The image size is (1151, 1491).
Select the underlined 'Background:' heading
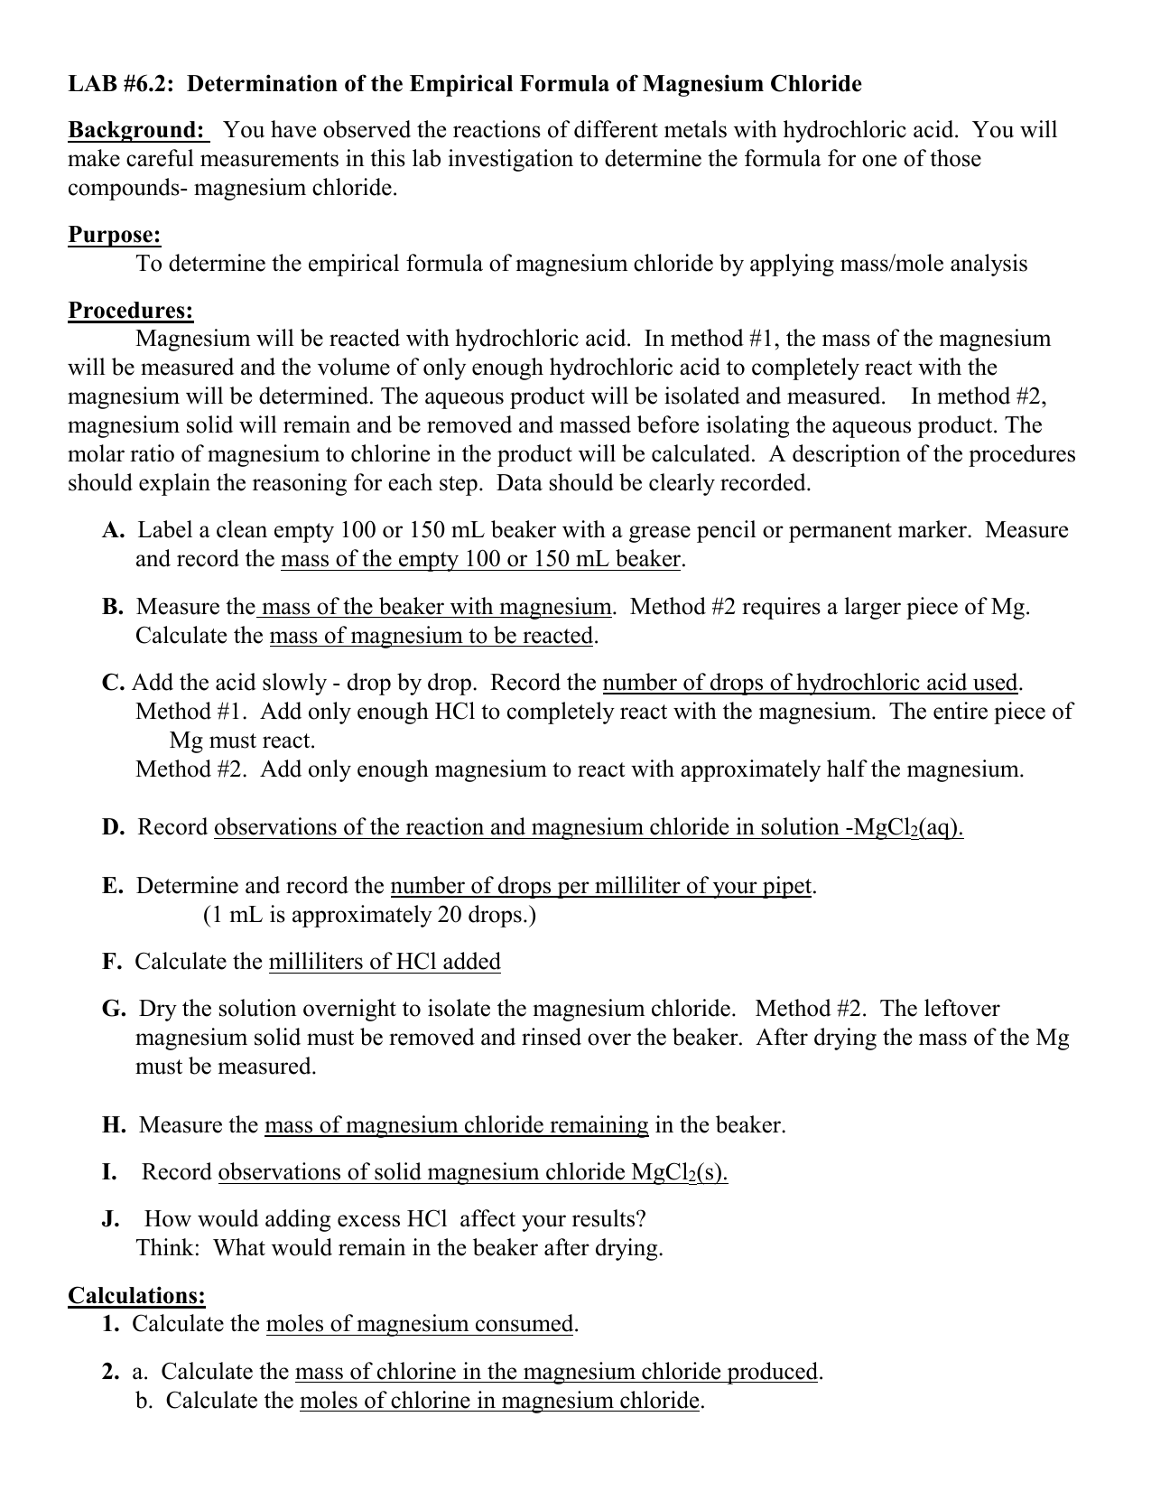point(137,130)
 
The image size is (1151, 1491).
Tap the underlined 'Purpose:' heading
point(115,236)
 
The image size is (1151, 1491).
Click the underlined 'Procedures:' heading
point(131,311)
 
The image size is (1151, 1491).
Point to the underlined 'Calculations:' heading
point(136,1296)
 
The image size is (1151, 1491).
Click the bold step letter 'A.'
point(114,530)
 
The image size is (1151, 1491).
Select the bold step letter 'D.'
point(114,827)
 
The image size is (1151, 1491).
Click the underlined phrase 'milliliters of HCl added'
point(385,962)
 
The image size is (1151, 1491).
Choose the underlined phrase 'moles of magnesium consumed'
point(420,1325)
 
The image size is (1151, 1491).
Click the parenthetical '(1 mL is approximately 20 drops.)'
point(369,915)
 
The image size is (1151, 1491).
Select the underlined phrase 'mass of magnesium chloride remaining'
point(456,1125)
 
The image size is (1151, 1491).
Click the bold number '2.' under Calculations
point(111,1372)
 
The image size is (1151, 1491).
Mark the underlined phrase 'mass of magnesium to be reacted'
point(432,636)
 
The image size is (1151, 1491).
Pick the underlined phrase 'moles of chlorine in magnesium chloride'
point(500,1401)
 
